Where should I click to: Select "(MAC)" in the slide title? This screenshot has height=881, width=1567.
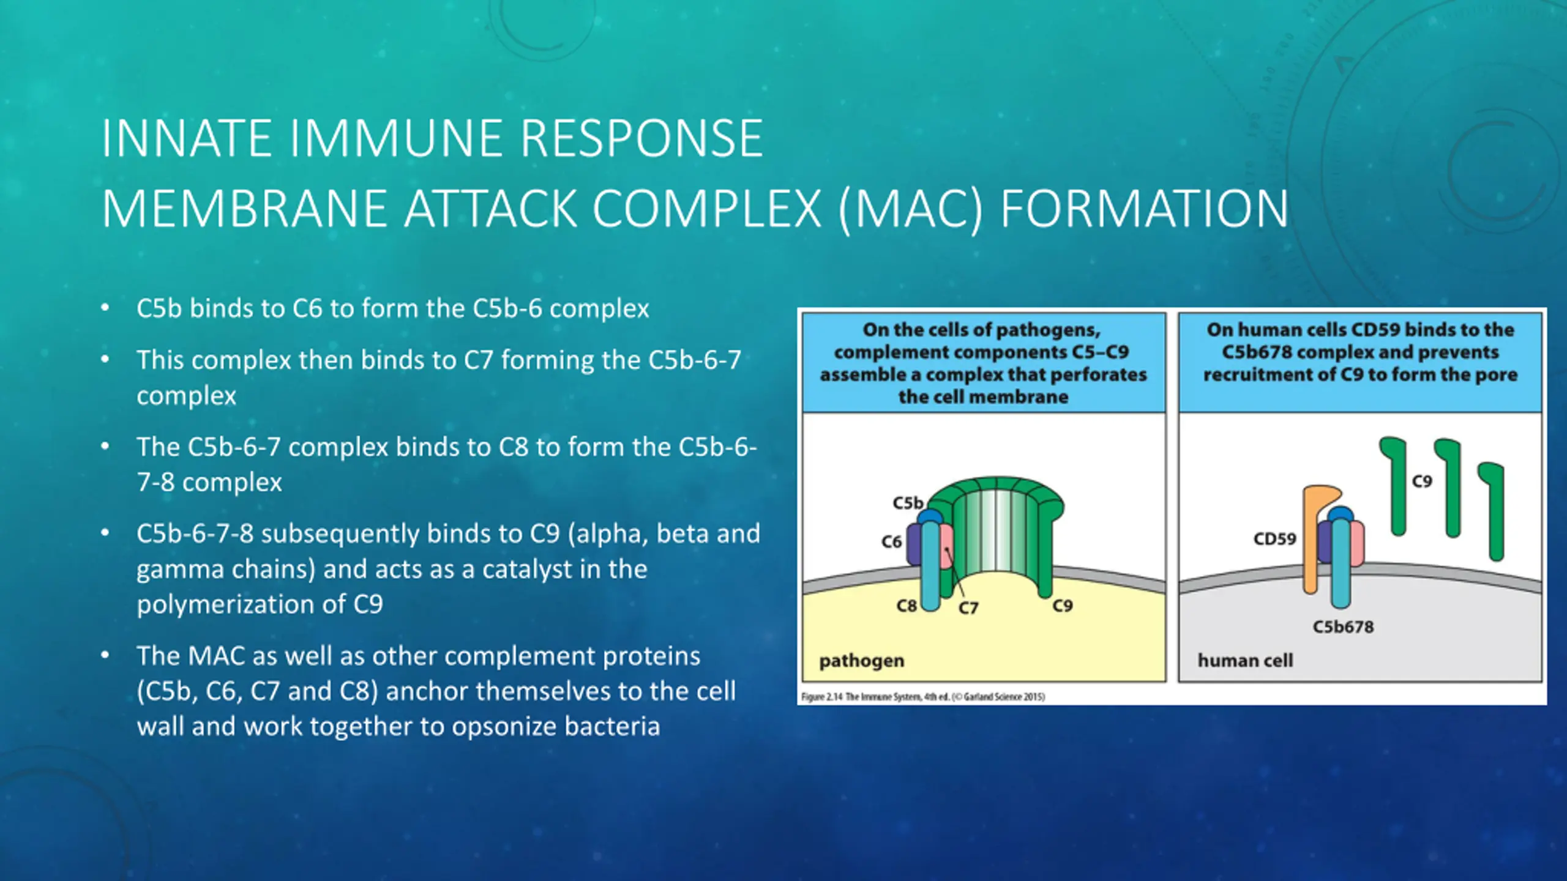[910, 209]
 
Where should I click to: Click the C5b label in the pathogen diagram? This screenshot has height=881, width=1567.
[907, 503]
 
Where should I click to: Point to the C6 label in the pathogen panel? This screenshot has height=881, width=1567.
[891, 542]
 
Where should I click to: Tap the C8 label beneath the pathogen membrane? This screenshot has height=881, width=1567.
[906, 606]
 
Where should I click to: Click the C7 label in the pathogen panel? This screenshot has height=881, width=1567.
[968, 608]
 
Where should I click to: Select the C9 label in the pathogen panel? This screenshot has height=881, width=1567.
[1063, 606]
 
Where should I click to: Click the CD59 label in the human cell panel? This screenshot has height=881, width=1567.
[1274, 539]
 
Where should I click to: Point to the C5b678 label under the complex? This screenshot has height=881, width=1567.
[1343, 627]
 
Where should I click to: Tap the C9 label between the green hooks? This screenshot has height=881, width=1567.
[1422, 481]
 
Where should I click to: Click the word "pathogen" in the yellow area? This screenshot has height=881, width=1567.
[861, 661]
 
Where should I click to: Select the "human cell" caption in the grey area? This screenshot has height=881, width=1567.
[1245, 661]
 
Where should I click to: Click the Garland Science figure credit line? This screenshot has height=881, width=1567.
[923, 697]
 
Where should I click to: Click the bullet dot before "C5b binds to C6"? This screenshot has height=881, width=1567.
[105, 308]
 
